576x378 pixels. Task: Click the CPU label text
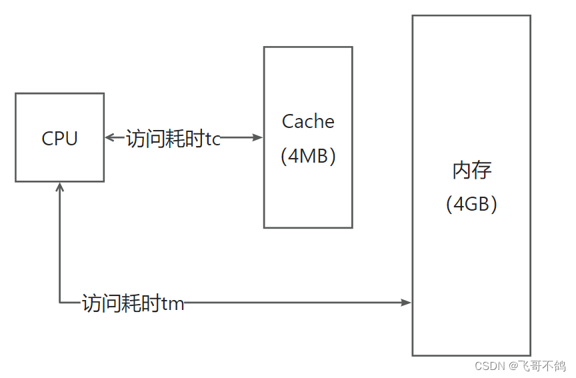pyautogui.click(x=59, y=138)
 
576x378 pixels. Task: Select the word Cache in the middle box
pyautogui.click(x=308, y=121)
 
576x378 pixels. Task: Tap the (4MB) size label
pyautogui.click(x=308, y=156)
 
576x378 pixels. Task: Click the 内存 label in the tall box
pyautogui.click(x=472, y=171)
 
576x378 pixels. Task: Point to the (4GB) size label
pyautogui.click(x=472, y=204)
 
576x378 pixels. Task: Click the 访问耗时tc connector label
pyautogui.click(x=173, y=139)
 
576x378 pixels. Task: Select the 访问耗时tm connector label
pyautogui.click(x=133, y=304)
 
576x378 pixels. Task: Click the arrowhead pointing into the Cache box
pyautogui.click(x=259, y=138)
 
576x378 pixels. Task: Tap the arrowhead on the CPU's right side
pyautogui.click(x=110, y=138)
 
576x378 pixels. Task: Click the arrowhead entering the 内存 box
pyautogui.click(x=407, y=303)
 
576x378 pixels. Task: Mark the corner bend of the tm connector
pyautogui.click(x=60, y=303)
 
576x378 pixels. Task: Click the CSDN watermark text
pyautogui.click(x=489, y=366)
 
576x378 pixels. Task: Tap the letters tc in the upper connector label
pyautogui.click(x=213, y=139)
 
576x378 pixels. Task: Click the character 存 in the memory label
pyautogui.click(x=482, y=171)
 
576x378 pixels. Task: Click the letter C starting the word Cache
pyautogui.click(x=288, y=121)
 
